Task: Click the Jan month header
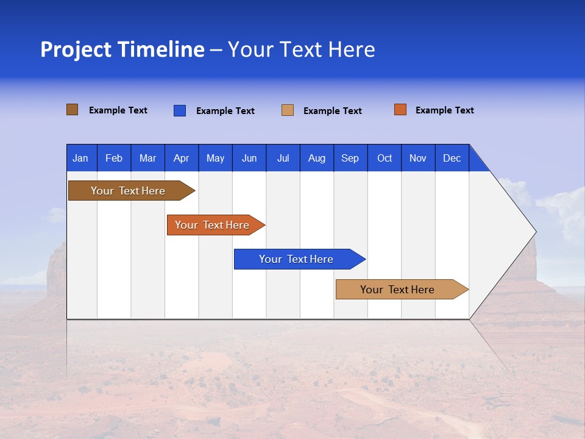pos(80,158)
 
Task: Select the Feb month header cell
pos(114,158)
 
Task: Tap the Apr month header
pos(181,158)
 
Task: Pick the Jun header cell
pos(249,158)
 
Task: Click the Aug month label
pos(316,158)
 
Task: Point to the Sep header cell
pos(350,158)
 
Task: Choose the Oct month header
pos(385,158)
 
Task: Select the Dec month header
pos(452,158)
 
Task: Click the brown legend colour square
pos(73,110)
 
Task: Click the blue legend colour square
pos(180,110)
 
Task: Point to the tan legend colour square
pos(288,110)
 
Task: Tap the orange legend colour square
pos(400,110)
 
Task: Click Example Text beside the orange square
pos(444,110)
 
